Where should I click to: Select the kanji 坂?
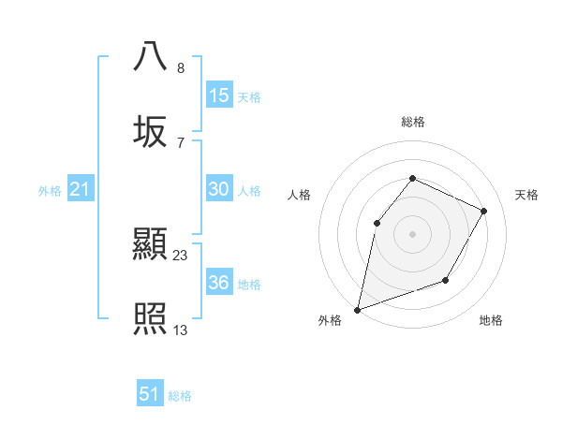151,131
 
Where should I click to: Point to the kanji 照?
151,319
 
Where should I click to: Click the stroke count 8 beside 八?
180,68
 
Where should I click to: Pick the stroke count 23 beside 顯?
181,255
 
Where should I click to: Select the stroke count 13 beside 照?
181,330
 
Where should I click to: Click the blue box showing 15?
218,95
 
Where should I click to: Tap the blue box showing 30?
218,189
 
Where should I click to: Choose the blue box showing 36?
218,283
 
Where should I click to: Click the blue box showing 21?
81,190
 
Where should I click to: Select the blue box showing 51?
150,394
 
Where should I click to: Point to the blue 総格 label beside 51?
180,396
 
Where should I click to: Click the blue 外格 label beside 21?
50,191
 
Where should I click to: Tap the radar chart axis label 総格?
412,122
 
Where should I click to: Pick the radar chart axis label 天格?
527,195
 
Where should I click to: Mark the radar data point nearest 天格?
484,211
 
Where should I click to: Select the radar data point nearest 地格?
446,280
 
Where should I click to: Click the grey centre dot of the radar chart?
412,234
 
